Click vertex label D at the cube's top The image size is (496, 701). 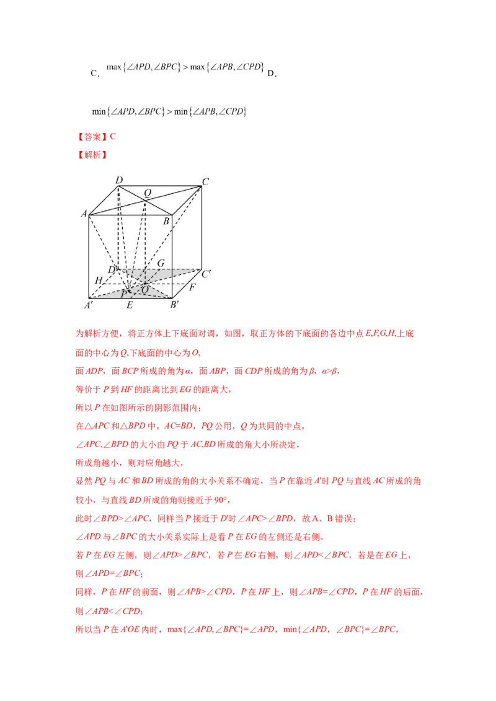tap(118, 180)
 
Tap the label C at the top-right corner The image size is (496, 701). tap(205, 181)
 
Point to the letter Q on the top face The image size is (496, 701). tap(148, 193)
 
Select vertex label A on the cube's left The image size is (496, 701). tap(84, 214)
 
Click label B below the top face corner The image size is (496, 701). tap(166, 221)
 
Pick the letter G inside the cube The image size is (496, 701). tap(161, 263)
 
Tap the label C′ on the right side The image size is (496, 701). tap(206, 274)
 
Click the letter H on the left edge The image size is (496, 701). tap(99, 281)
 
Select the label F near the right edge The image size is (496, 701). tap(192, 287)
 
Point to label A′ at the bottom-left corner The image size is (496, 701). tap(89, 305)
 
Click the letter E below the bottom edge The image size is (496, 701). tap(130, 305)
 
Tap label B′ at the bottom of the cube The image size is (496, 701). tap(175, 305)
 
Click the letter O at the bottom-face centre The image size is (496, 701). tap(145, 290)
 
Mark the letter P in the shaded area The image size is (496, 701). tap(124, 294)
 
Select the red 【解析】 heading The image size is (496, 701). tap(92, 155)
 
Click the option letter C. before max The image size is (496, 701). tap(95, 73)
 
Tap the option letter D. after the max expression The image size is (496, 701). tap(272, 73)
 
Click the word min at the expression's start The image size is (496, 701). tap(99, 111)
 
